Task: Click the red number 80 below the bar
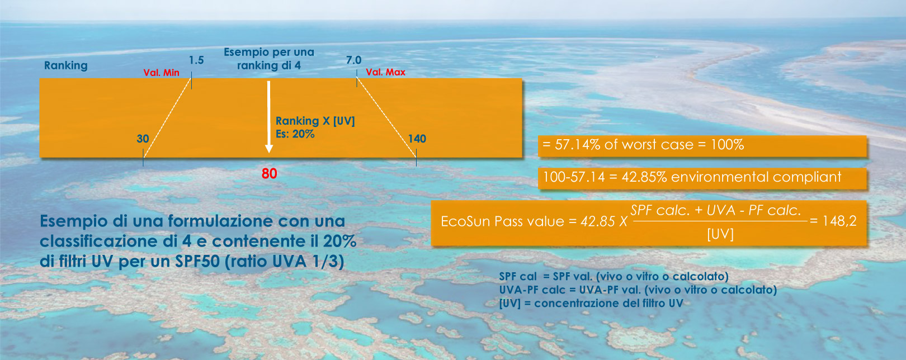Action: (x=269, y=173)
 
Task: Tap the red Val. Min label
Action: (x=161, y=73)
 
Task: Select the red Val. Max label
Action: (x=385, y=73)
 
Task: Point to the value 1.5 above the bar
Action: (x=196, y=60)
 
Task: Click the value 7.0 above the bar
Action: (x=353, y=60)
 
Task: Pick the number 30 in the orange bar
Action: (x=143, y=139)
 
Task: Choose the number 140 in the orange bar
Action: (x=417, y=139)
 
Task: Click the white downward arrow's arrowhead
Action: (x=268, y=149)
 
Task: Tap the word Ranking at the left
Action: (x=65, y=65)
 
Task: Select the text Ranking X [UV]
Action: (x=315, y=121)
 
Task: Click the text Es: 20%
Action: (x=295, y=134)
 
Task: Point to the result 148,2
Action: (x=839, y=221)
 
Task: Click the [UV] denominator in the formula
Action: (x=720, y=234)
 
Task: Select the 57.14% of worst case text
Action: (x=624, y=145)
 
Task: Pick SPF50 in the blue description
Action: (x=197, y=261)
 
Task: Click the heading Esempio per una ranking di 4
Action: (x=269, y=59)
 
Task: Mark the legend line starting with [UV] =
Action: (x=591, y=304)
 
